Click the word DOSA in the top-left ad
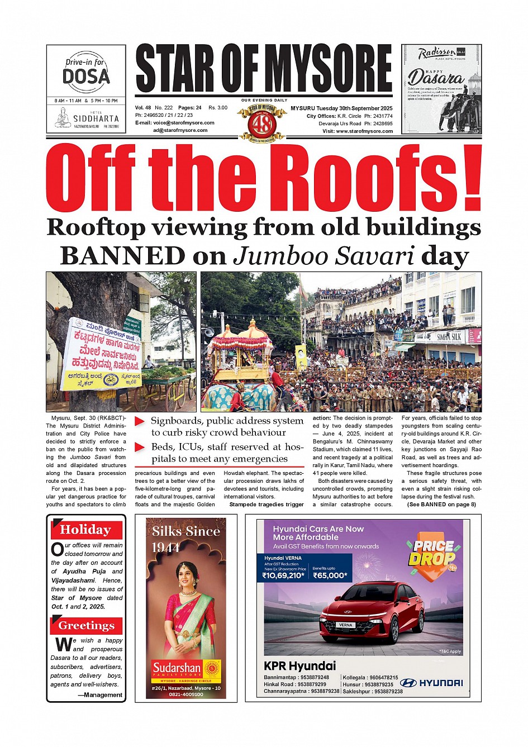pos(86,76)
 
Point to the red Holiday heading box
pos(86,530)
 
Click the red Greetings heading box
pos(87,626)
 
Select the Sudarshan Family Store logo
pos(186,670)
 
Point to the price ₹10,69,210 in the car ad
pos(284,575)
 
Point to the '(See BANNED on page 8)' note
pos(441,505)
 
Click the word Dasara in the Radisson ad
pos(435,78)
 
